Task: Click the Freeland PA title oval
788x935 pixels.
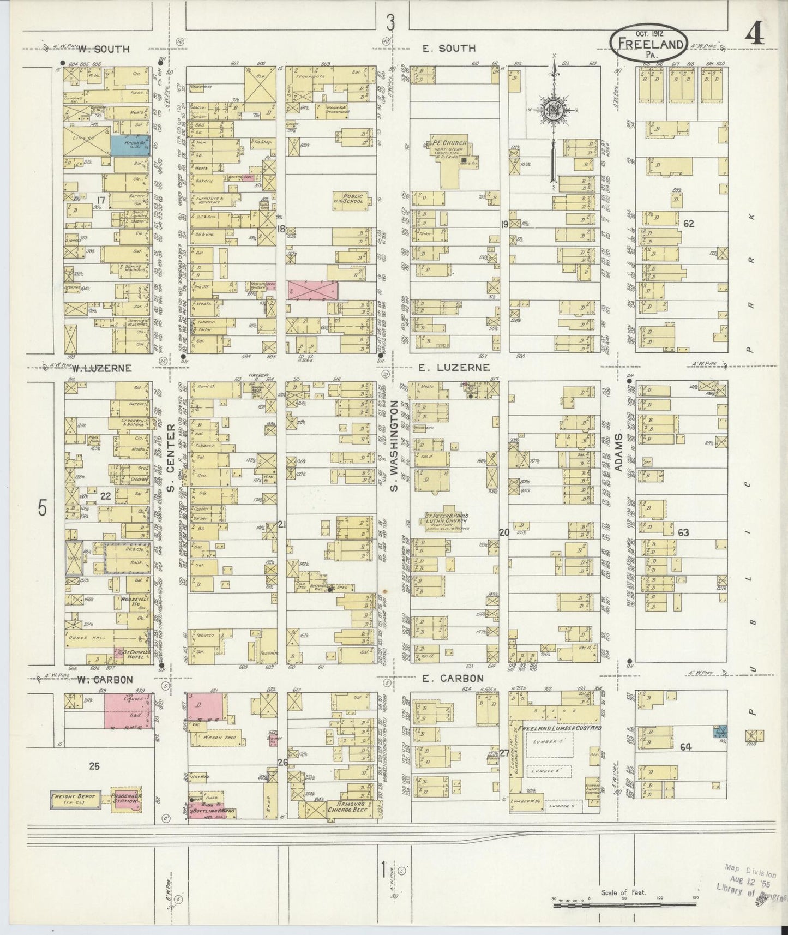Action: click(x=648, y=41)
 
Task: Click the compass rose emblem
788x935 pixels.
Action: click(x=554, y=111)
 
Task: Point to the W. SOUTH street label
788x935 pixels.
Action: click(x=103, y=49)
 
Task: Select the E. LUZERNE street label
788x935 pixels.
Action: click(x=447, y=368)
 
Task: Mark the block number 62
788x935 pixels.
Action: click(x=688, y=223)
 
